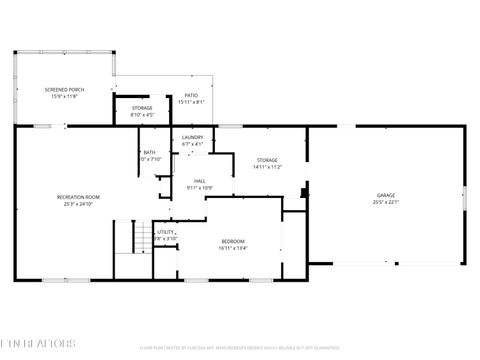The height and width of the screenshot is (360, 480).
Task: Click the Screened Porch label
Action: (x=64, y=89)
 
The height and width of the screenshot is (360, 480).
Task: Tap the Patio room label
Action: (x=191, y=95)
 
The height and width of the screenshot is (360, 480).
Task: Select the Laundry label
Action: (x=192, y=137)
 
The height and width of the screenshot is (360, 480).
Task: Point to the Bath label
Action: (x=149, y=152)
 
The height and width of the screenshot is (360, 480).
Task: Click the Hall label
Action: (x=200, y=181)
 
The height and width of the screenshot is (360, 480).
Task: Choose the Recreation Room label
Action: (x=77, y=197)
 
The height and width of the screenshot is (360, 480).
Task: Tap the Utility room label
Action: (x=165, y=232)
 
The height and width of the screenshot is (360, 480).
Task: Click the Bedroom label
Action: (x=232, y=241)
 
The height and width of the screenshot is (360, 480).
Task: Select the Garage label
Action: (x=385, y=195)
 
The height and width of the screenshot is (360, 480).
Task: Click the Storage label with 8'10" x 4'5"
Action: (x=142, y=108)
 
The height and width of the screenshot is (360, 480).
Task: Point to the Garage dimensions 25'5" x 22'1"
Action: (x=385, y=202)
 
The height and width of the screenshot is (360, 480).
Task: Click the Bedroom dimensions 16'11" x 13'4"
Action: (x=232, y=248)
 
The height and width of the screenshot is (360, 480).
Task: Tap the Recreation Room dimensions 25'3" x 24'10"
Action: (x=77, y=204)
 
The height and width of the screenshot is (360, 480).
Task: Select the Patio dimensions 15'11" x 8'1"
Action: (x=191, y=102)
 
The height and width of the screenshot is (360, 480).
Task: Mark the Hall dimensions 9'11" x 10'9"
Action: (x=200, y=188)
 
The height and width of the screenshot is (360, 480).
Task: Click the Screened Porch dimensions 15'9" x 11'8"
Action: (x=64, y=96)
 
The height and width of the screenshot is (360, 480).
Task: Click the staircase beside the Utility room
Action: (x=125, y=238)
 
